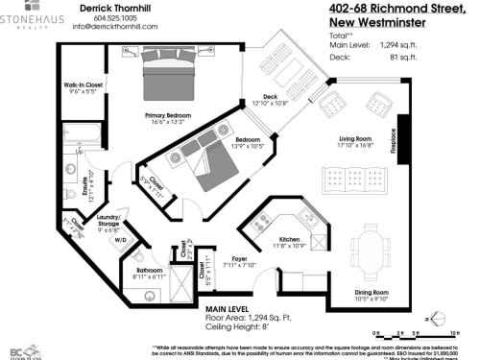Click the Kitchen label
pyautogui.click(x=289, y=239)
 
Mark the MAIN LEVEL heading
pyautogui.click(x=228, y=307)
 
